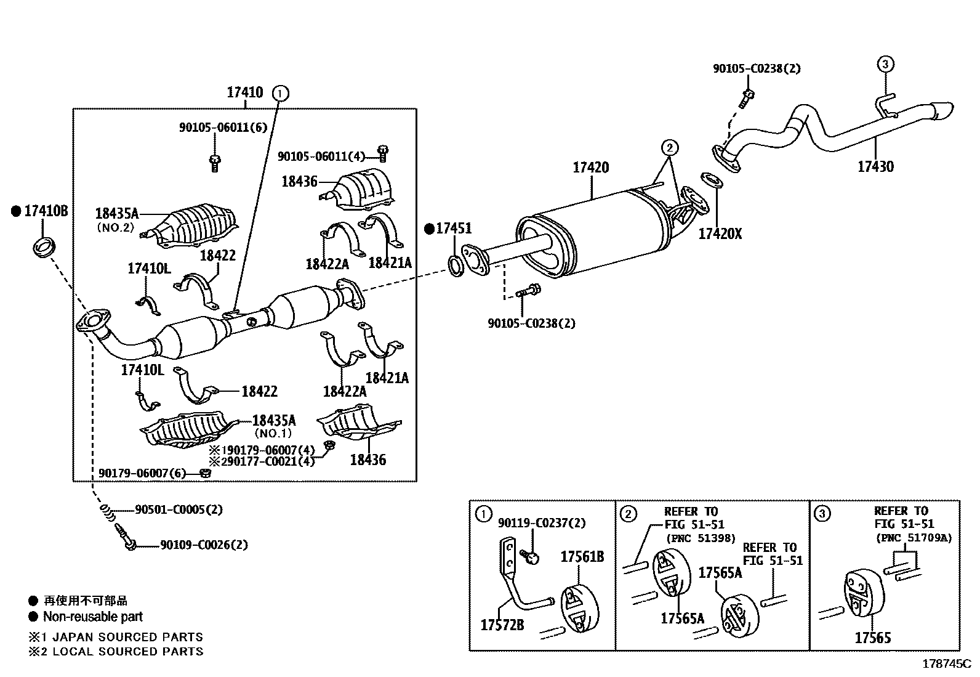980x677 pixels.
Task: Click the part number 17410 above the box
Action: coord(244,93)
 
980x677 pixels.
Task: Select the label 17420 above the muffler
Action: coord(590,168)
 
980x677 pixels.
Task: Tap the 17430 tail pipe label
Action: coord(875,166)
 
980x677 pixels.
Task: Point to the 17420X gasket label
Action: coord(720,235)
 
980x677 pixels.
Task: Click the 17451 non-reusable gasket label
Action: coord(453,229)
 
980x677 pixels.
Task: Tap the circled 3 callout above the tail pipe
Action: coord(885,64)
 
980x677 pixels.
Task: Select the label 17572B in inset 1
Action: coord(502,625)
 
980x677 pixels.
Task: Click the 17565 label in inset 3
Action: coord(872,638)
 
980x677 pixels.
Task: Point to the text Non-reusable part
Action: coord(92,617)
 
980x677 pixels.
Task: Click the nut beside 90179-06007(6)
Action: coord(206,474)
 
